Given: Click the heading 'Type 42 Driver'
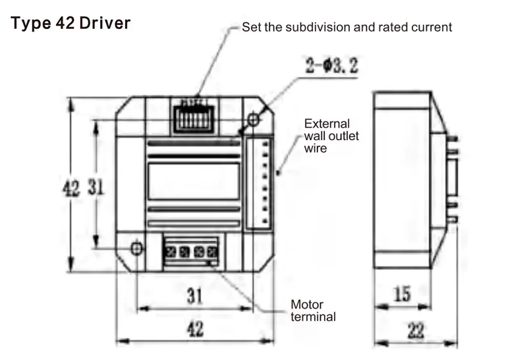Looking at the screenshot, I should [x=71, y=24].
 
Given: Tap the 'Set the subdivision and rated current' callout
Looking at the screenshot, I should [x=347, y=28].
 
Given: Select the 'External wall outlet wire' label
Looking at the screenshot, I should [x=327, y=136].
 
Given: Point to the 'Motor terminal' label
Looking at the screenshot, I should [x=313, y=311].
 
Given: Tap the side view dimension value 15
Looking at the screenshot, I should [x=402, y=294].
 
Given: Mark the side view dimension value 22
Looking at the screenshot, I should [x=414, y=331].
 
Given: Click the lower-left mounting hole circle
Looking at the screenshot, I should [x=136, y=248].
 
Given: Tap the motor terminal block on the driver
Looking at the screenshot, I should [x=191, y=251].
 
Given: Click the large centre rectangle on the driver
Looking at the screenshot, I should [x=193, y=182].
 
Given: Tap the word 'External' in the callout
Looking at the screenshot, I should [x=327, y=124].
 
